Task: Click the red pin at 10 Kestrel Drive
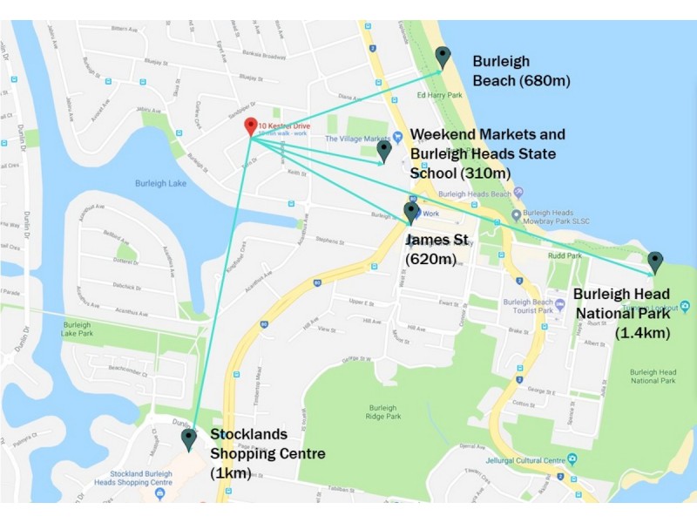(250, 126)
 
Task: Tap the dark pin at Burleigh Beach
(443, 58)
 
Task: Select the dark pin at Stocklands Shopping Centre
(188, 438)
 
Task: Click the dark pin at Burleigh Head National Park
(655, 261)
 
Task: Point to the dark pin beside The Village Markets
(384, 152)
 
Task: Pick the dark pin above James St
(411, 213)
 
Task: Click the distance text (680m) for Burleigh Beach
(545, 81)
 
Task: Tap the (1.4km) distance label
(643, 332)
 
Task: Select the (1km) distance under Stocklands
(231, 472)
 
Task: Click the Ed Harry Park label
(439, 96)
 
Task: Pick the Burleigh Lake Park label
(78, 329)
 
